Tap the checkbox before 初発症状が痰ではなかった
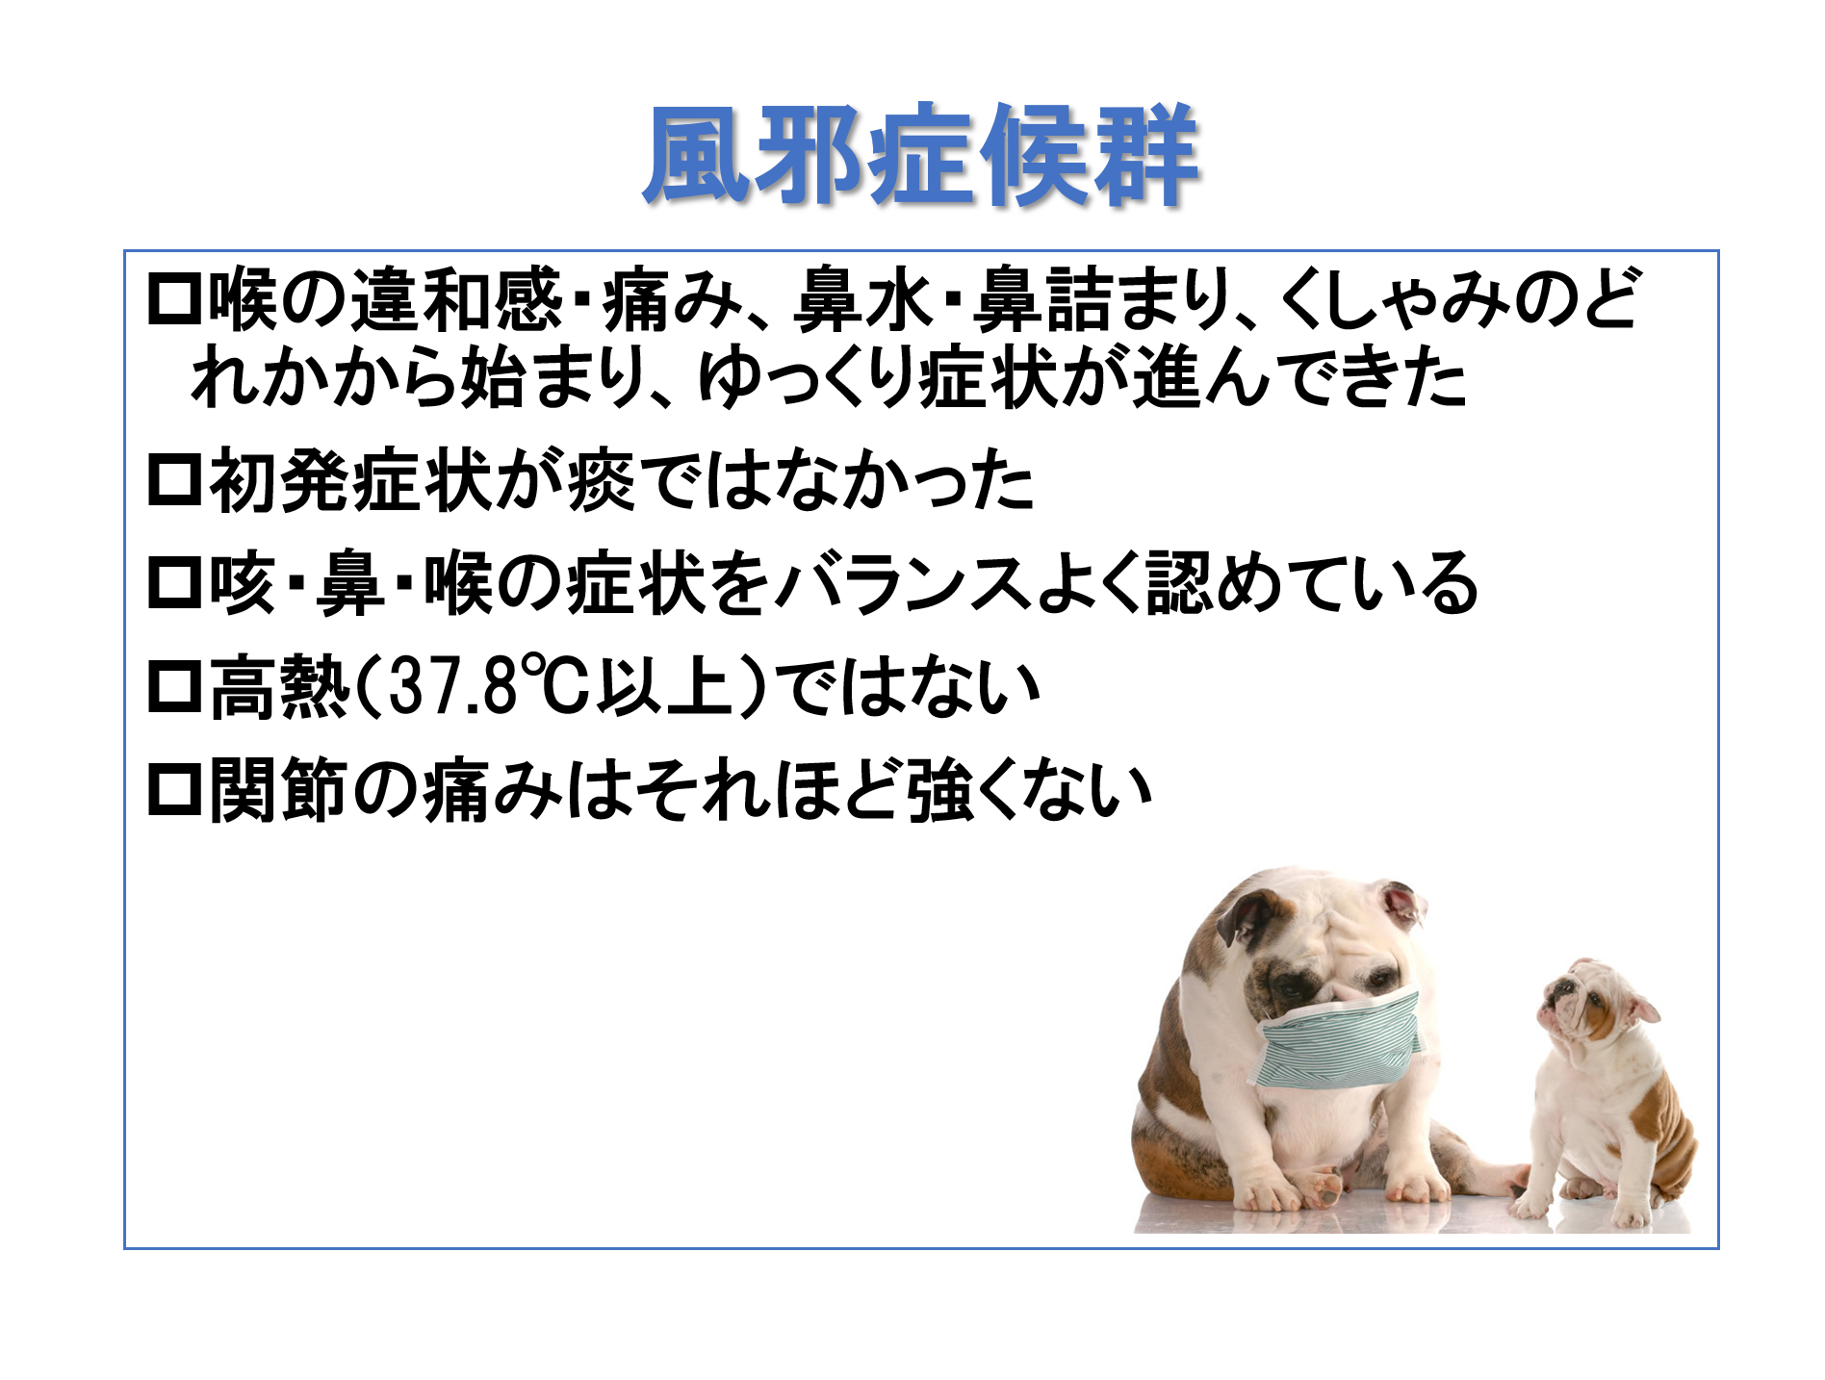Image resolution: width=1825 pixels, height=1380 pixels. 175,480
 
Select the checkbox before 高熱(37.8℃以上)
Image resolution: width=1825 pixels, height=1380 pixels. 175,687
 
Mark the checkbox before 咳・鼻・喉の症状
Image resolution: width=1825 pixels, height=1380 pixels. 175,583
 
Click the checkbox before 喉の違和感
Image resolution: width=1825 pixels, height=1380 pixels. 175,300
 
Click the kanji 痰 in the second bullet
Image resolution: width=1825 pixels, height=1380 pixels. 602,480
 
